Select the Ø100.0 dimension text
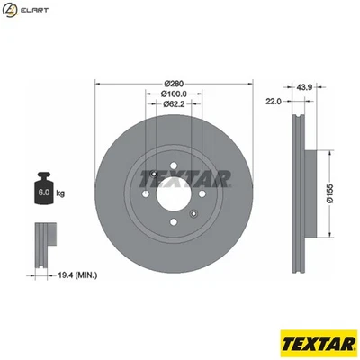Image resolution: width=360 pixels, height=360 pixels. click(x=175, y=93)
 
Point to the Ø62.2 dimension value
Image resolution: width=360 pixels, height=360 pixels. click(x=175, y=104)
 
